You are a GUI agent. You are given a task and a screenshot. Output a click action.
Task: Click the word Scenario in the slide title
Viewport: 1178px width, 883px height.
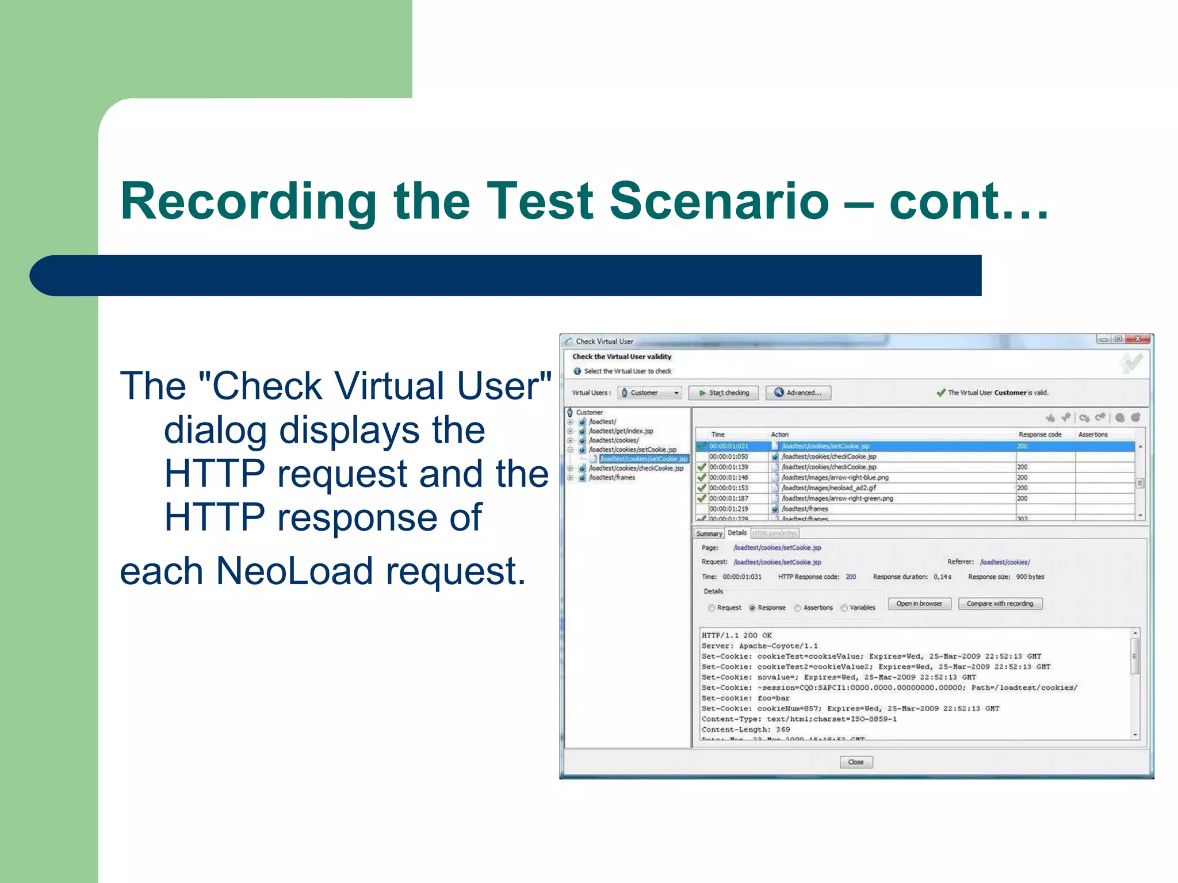tap(719, 201)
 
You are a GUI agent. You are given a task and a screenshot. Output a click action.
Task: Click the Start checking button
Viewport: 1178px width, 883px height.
tap(723, 393)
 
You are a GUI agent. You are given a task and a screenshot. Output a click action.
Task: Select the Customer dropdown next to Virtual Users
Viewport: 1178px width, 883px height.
tap(649, 393)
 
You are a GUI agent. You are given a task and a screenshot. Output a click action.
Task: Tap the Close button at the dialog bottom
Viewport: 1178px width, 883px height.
tap(856, 762)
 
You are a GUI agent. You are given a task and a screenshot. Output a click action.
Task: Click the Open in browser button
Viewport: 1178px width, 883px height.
tap(919, 604)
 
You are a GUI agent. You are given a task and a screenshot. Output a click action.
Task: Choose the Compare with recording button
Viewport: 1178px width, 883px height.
tap(1000, 604)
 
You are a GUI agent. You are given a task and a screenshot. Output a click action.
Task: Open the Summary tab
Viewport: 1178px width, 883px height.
tap(709, 533)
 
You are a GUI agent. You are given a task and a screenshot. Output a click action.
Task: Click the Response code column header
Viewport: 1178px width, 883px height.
tap(1040, 435)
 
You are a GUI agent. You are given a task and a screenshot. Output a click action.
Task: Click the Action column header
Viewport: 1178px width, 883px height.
tap(779, 435)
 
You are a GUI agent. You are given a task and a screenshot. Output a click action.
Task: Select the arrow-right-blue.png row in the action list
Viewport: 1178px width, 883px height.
tap(835, 478)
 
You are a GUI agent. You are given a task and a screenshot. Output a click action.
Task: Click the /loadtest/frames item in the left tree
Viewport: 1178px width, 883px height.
tap(612, 478)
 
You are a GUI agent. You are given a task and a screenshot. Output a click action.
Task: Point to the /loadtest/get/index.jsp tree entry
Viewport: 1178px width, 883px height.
tap(621, 431)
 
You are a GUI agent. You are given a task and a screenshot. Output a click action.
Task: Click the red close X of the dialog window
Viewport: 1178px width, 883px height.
tap(1138, 339)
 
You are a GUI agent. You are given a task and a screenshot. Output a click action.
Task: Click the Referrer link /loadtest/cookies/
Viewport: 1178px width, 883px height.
tap(1005, 562)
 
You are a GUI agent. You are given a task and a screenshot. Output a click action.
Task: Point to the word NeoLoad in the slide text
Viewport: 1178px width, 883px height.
tap(294, 571)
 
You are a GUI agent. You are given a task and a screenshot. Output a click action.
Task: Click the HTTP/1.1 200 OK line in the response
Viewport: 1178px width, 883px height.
tap(737, 635)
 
